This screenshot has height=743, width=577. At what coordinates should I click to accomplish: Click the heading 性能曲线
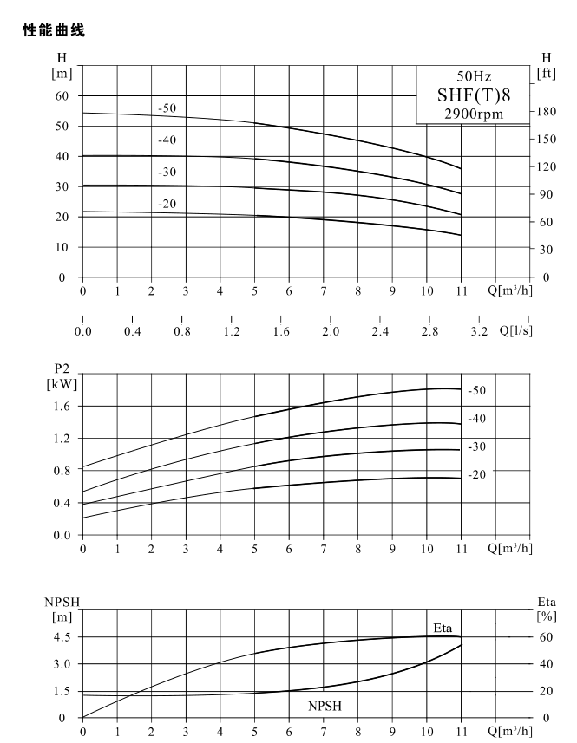[54, 30]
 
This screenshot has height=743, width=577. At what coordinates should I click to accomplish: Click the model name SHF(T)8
[474, 95]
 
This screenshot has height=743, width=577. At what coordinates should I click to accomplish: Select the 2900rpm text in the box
[474, 114]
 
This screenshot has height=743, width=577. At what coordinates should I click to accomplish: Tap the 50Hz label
[474, 76]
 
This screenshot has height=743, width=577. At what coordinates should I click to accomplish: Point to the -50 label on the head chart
[167, 108]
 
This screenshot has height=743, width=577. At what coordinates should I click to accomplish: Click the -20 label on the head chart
[167, 204]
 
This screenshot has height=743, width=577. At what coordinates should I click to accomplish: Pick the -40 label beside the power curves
[476, 419]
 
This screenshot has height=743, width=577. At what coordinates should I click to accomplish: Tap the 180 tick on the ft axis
[546, 112]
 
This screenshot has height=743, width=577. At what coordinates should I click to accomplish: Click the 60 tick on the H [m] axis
[62, 95]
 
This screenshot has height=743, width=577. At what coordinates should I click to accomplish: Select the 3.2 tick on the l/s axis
[479, 331]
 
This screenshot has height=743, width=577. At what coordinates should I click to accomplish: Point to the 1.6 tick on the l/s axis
[280, 331]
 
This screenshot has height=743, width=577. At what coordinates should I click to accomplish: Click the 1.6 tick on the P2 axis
[62, 406]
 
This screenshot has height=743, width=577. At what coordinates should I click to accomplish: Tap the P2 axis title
[62, 368]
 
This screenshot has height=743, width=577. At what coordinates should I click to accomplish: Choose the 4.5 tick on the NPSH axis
[62, 637]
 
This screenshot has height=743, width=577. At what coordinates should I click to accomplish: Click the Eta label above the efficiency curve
[443, 628]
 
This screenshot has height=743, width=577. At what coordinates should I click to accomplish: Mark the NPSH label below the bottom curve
[325, 706]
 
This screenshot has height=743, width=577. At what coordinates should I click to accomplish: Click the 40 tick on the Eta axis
[546, 664]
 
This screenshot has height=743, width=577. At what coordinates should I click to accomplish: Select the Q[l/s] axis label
[516, 330]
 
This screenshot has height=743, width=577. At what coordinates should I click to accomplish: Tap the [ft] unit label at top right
[546, 74]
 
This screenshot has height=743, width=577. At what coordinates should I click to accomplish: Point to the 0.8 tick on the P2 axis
[62, 471]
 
